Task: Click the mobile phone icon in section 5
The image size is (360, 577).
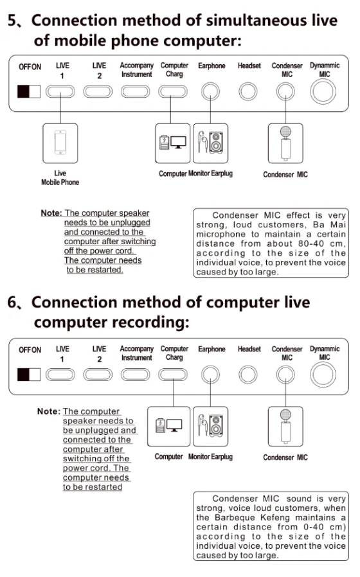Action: (x=60, y=143)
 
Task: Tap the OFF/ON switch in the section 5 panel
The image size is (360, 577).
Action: (x=29, y=91)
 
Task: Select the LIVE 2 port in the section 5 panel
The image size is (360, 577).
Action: (x=98, y=91)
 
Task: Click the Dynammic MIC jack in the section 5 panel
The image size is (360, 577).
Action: (x=323, y=91)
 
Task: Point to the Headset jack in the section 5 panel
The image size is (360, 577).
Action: (x=248, y=91)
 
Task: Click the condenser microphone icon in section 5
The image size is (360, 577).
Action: (x=285, y=143)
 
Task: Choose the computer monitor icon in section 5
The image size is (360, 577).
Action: (x=178, y=142)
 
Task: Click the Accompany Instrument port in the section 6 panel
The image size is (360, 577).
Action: (x=136, y=375)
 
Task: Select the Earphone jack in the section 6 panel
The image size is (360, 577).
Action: (x=210, y=375)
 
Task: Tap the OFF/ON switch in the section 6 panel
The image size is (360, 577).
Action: (x=29, y=375)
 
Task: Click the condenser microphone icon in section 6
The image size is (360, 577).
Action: (x=285, y=427)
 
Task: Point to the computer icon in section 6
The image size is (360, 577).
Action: (x=169, y=425)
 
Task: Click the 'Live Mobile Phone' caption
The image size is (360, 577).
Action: (x=60, y=178)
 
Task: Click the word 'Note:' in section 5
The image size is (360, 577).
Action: (x=51, y=213)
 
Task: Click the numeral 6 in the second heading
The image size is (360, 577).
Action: (x=12, y=303)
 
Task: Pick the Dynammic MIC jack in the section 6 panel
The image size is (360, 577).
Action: (x=323, y=375)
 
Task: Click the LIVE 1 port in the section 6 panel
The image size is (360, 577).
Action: (x=60, y=375)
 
